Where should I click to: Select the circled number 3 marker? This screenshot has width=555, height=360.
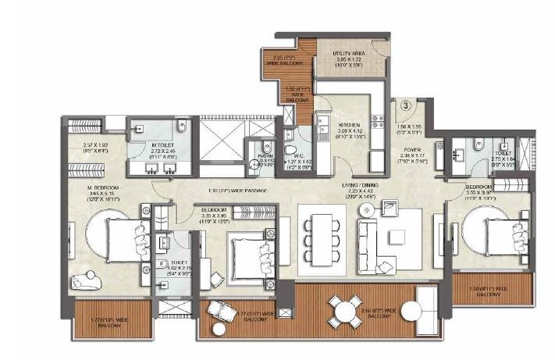406,104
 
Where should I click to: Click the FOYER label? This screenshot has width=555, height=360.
413,149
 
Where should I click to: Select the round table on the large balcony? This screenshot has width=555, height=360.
343,311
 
